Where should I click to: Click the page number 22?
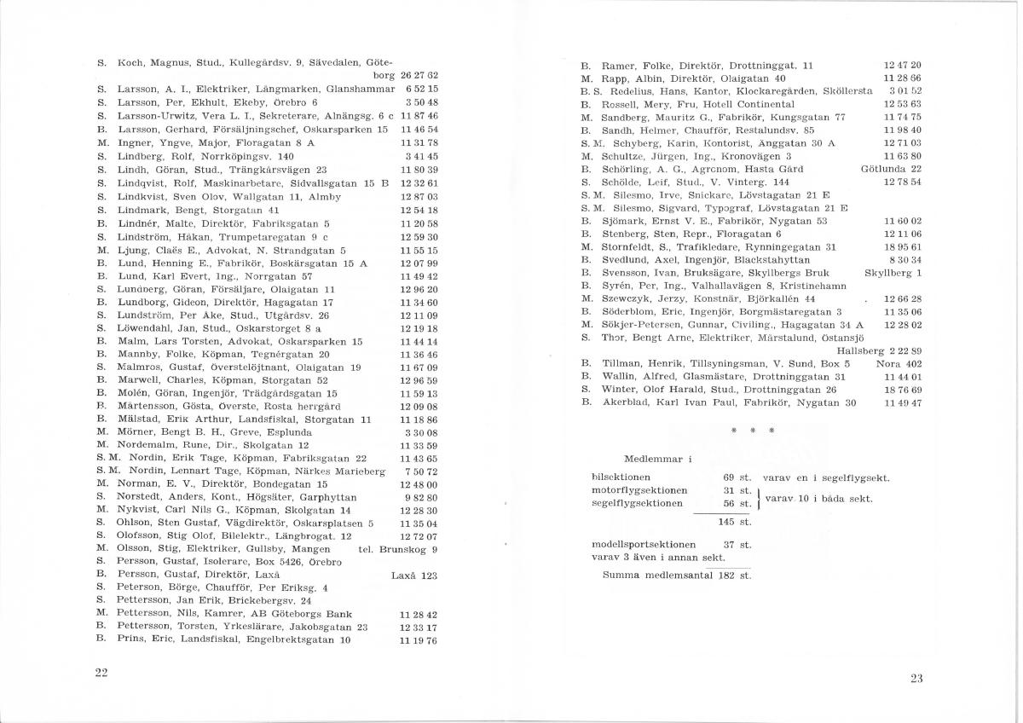coord(101,673)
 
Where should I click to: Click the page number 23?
coord(916,679)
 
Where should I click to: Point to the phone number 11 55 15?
coord(419,251)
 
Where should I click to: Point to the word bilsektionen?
coord(621,477)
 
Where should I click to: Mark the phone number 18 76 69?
coord(904,389)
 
